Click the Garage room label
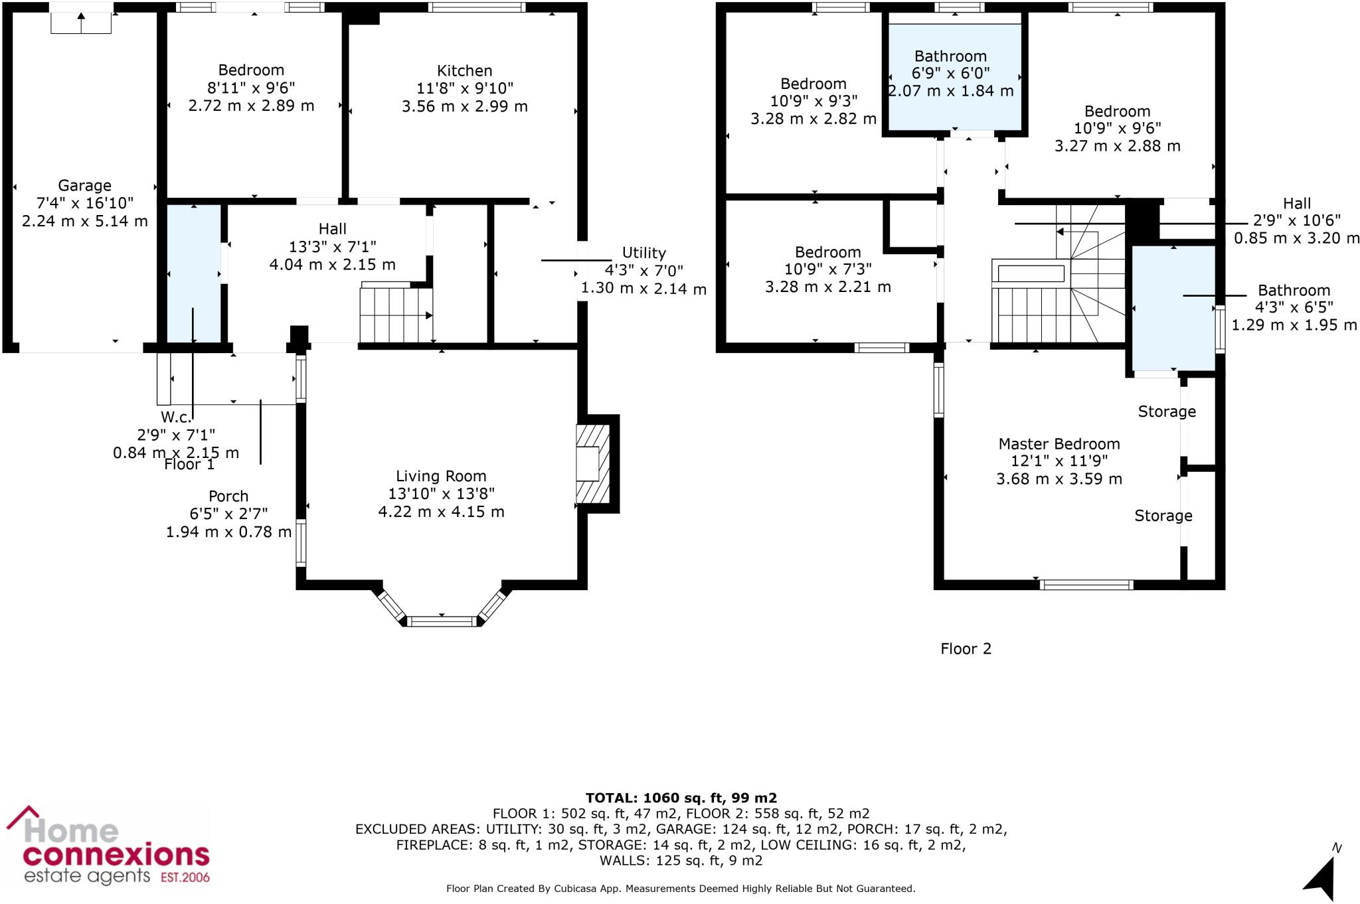(x=84, y=186)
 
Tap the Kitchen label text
(x=464, y=71)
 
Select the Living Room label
(x=441, y=476)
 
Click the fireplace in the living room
(x=592, y=464)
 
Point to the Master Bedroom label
(x=1059, y=444)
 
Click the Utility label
(x=643, y=253)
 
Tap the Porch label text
(x=228, y=496)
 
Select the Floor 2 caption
(x=966, y=649)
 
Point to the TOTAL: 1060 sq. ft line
(x=681, y=798)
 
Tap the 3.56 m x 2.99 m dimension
(x=464, y=106)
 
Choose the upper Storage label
(x=1166, y=412)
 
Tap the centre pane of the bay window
(x=442, y=621)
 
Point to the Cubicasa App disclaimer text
(x=681, y=888)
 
